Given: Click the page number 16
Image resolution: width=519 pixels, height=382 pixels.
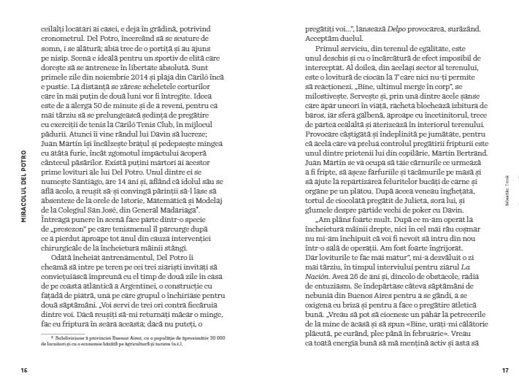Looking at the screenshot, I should (x=24, y=370).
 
